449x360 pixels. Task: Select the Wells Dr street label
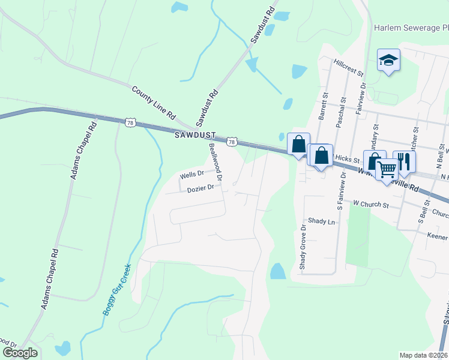click(x=192, y=175)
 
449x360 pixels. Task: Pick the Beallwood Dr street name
click(x=215, y=162)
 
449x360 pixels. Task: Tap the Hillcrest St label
click(x=349, y=67)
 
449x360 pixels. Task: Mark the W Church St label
click(x=372, y=205)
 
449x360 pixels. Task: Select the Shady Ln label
click(x=321, y=221)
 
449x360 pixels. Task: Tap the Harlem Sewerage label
click(x=411, y=28)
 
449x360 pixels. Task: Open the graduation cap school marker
click(x=389, y=59)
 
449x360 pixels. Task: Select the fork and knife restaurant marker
click(x=404, y=161)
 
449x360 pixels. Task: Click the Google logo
click(x=20, y=353)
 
